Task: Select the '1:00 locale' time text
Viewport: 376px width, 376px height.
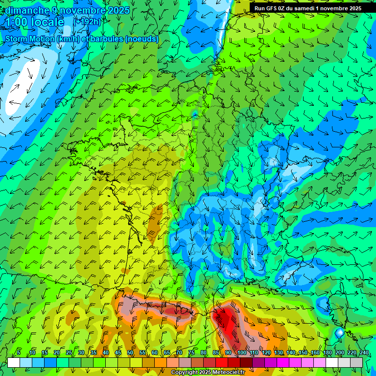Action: click(34, 22)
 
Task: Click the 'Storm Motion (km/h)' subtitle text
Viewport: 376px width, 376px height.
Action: click(42, 39)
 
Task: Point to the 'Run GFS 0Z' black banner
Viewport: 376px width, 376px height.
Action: click(307, 8)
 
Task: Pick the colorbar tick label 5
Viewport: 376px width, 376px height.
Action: click(19, 352)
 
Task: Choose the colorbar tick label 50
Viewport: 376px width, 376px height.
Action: click(130, 352)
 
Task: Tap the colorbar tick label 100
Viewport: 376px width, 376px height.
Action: click(241, 352)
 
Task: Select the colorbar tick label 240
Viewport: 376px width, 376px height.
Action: click(364, 352)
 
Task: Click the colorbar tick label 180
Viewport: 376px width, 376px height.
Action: click(327, 352)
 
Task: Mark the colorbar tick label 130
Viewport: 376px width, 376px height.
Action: click(278, 352)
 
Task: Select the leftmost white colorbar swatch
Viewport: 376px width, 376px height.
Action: click(14, 362)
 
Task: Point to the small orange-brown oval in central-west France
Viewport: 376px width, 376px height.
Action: click(157, 218)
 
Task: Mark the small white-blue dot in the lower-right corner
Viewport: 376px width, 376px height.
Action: click(339, 333)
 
